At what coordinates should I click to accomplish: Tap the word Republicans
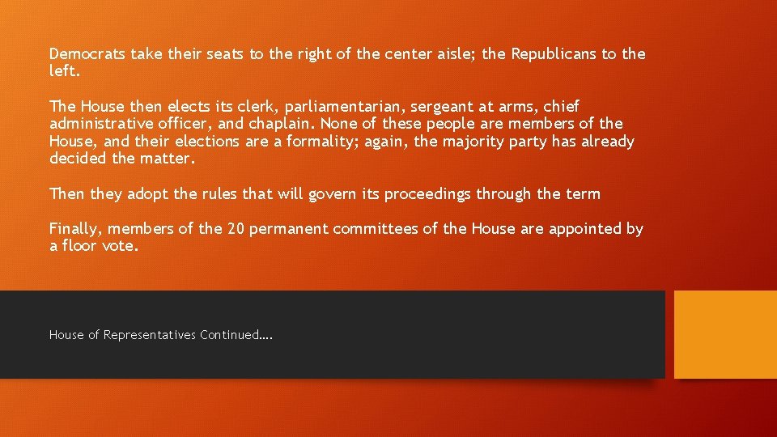coord(554,54)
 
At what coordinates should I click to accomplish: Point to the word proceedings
coord(427,194)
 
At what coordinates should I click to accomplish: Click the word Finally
coord(75,229)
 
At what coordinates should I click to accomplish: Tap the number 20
coord(236,229)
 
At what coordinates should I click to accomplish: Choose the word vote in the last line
coord(120,246)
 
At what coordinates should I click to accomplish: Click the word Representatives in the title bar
coord(150,335)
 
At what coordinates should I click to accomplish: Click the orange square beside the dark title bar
coord(725,335)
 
